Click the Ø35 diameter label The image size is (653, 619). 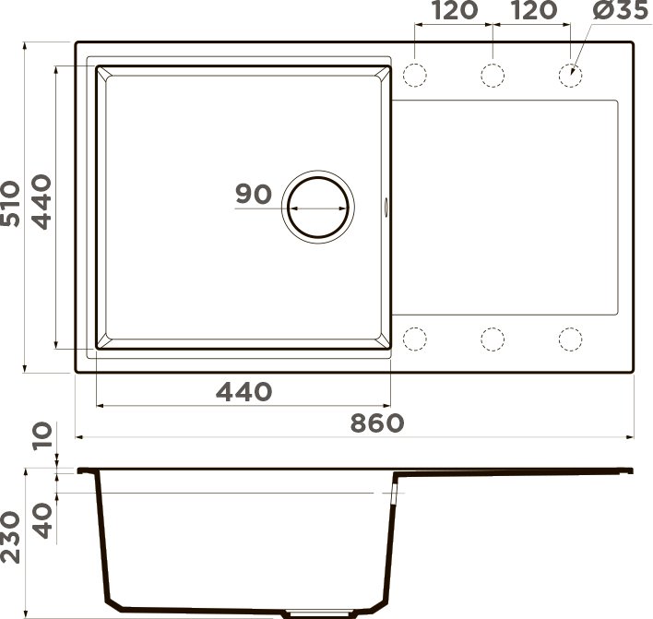pyautogui.click(x=611, y=11)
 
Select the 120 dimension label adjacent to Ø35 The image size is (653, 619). pyautogui.click(x=532, y=11)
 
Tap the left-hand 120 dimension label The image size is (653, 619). pyautogui.click(x=454, y=11)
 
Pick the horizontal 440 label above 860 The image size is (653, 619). pyautogui.click(x=243, y=392)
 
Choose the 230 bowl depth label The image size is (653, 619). pyautogui.click(x=12, y=541)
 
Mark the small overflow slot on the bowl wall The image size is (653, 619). pyautogui.click(x=387, y=208)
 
